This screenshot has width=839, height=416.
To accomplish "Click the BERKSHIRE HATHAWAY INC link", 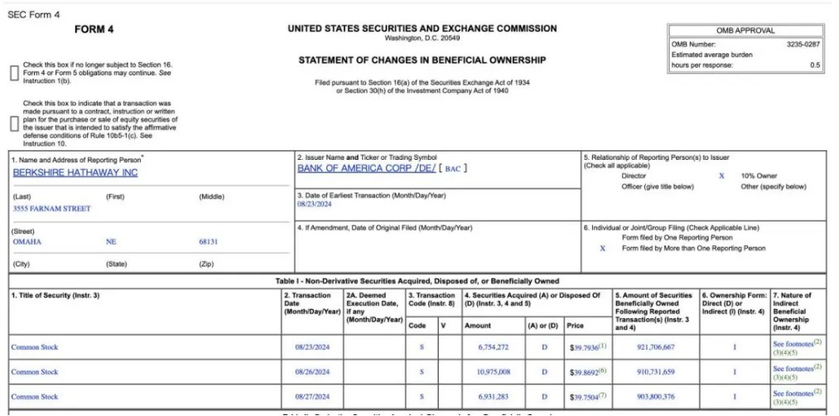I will [x=75, y=173].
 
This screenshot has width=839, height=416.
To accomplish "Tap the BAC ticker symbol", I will [x=453, y=169].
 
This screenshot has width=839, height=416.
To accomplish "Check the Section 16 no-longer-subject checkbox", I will [x=14, y=73].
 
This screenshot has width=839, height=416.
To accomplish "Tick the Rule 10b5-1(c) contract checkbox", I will [x=14, y=123].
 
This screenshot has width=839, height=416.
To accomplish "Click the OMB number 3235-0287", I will [x=803, y=44].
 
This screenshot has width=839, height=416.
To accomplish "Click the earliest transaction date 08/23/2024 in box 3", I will [x=314, y=204].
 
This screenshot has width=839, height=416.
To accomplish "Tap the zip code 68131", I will [x=208, y=242].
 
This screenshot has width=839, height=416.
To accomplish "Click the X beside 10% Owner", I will [x=721, y=176].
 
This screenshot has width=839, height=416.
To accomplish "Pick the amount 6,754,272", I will [x=493, y=347].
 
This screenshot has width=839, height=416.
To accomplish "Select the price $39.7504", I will [x=584, y=396].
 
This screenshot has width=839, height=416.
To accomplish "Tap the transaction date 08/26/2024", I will [x=312, y=371].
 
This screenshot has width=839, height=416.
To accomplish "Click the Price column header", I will [x=576, y=326].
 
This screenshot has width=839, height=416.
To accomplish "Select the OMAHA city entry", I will [x=27, y=242].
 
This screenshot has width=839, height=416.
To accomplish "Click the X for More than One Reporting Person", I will [x=602, y=248].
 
